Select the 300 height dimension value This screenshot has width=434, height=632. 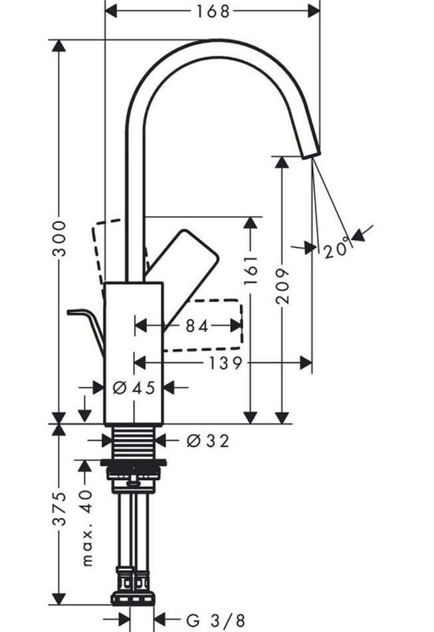pos(60,237)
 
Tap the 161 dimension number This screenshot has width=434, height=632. pos(251,272)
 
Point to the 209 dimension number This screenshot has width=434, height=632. pos(283,286)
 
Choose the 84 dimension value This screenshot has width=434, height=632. pos(197,326)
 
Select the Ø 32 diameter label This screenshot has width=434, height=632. pos(208,440)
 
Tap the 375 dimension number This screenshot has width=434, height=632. pos(60,509)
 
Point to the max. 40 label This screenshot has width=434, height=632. pos(86,526)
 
